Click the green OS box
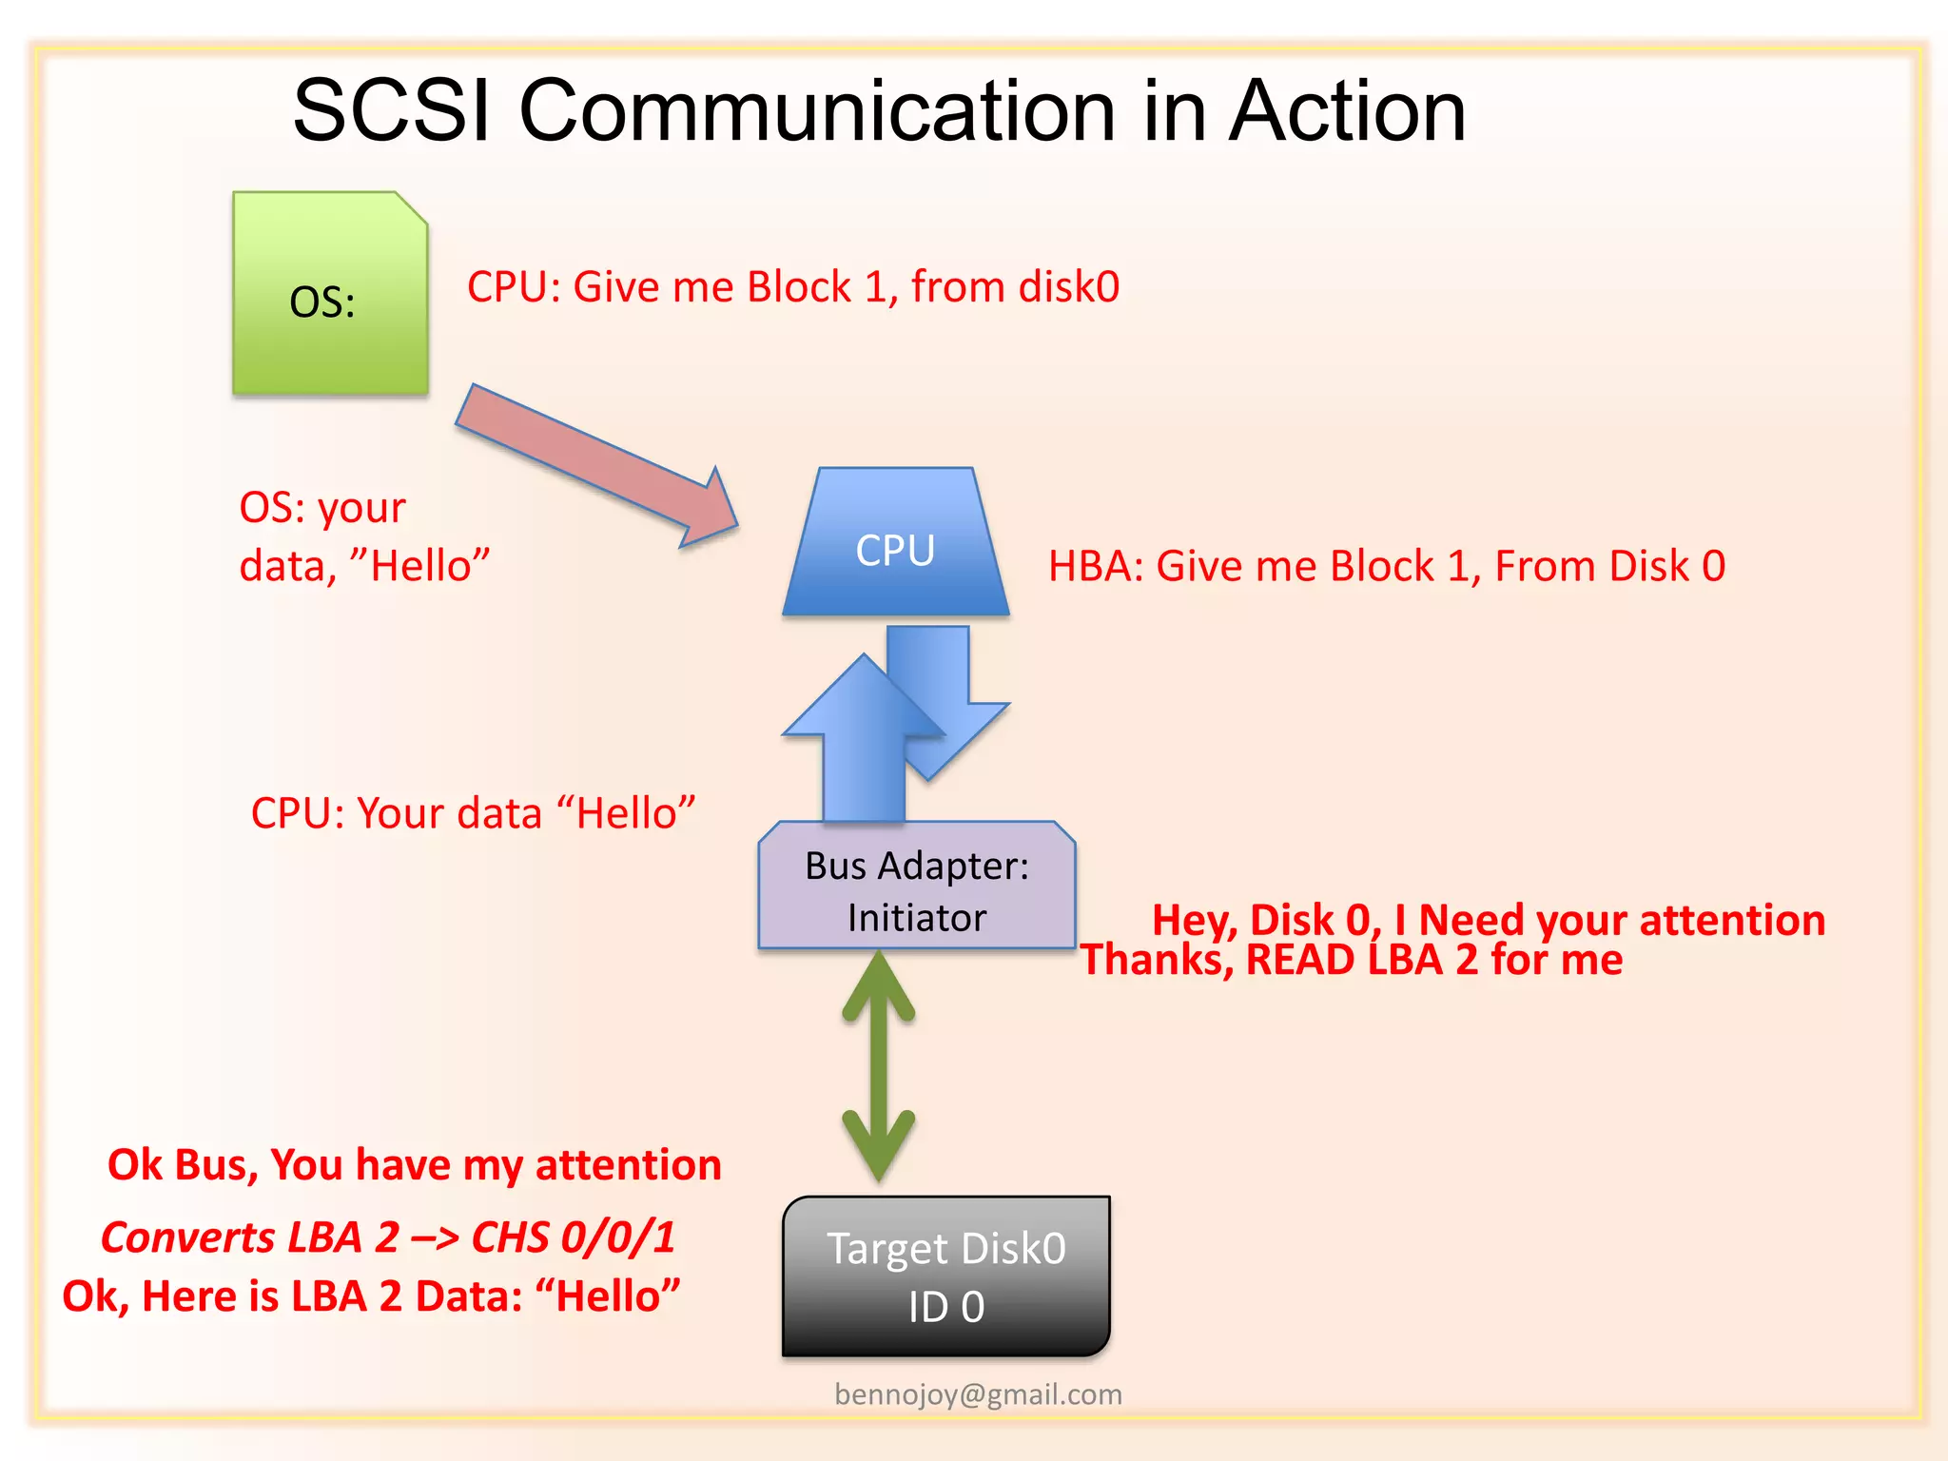tap(330, 295)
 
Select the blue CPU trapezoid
tap(895, 547)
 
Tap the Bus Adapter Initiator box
tap(916, 889)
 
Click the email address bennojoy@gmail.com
tap(978, 1394)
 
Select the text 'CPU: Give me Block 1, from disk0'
tap(793, 287)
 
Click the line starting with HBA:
tap(1386, 567)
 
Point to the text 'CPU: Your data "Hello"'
tap(473, 814)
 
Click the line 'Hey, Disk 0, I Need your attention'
tap(1489, 920)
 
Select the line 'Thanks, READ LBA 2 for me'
tap(1351, 961)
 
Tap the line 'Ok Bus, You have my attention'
tap(414, 1165)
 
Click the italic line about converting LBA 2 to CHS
tap(388, 1237)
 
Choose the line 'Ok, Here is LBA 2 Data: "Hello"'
tap(371, 1296)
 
